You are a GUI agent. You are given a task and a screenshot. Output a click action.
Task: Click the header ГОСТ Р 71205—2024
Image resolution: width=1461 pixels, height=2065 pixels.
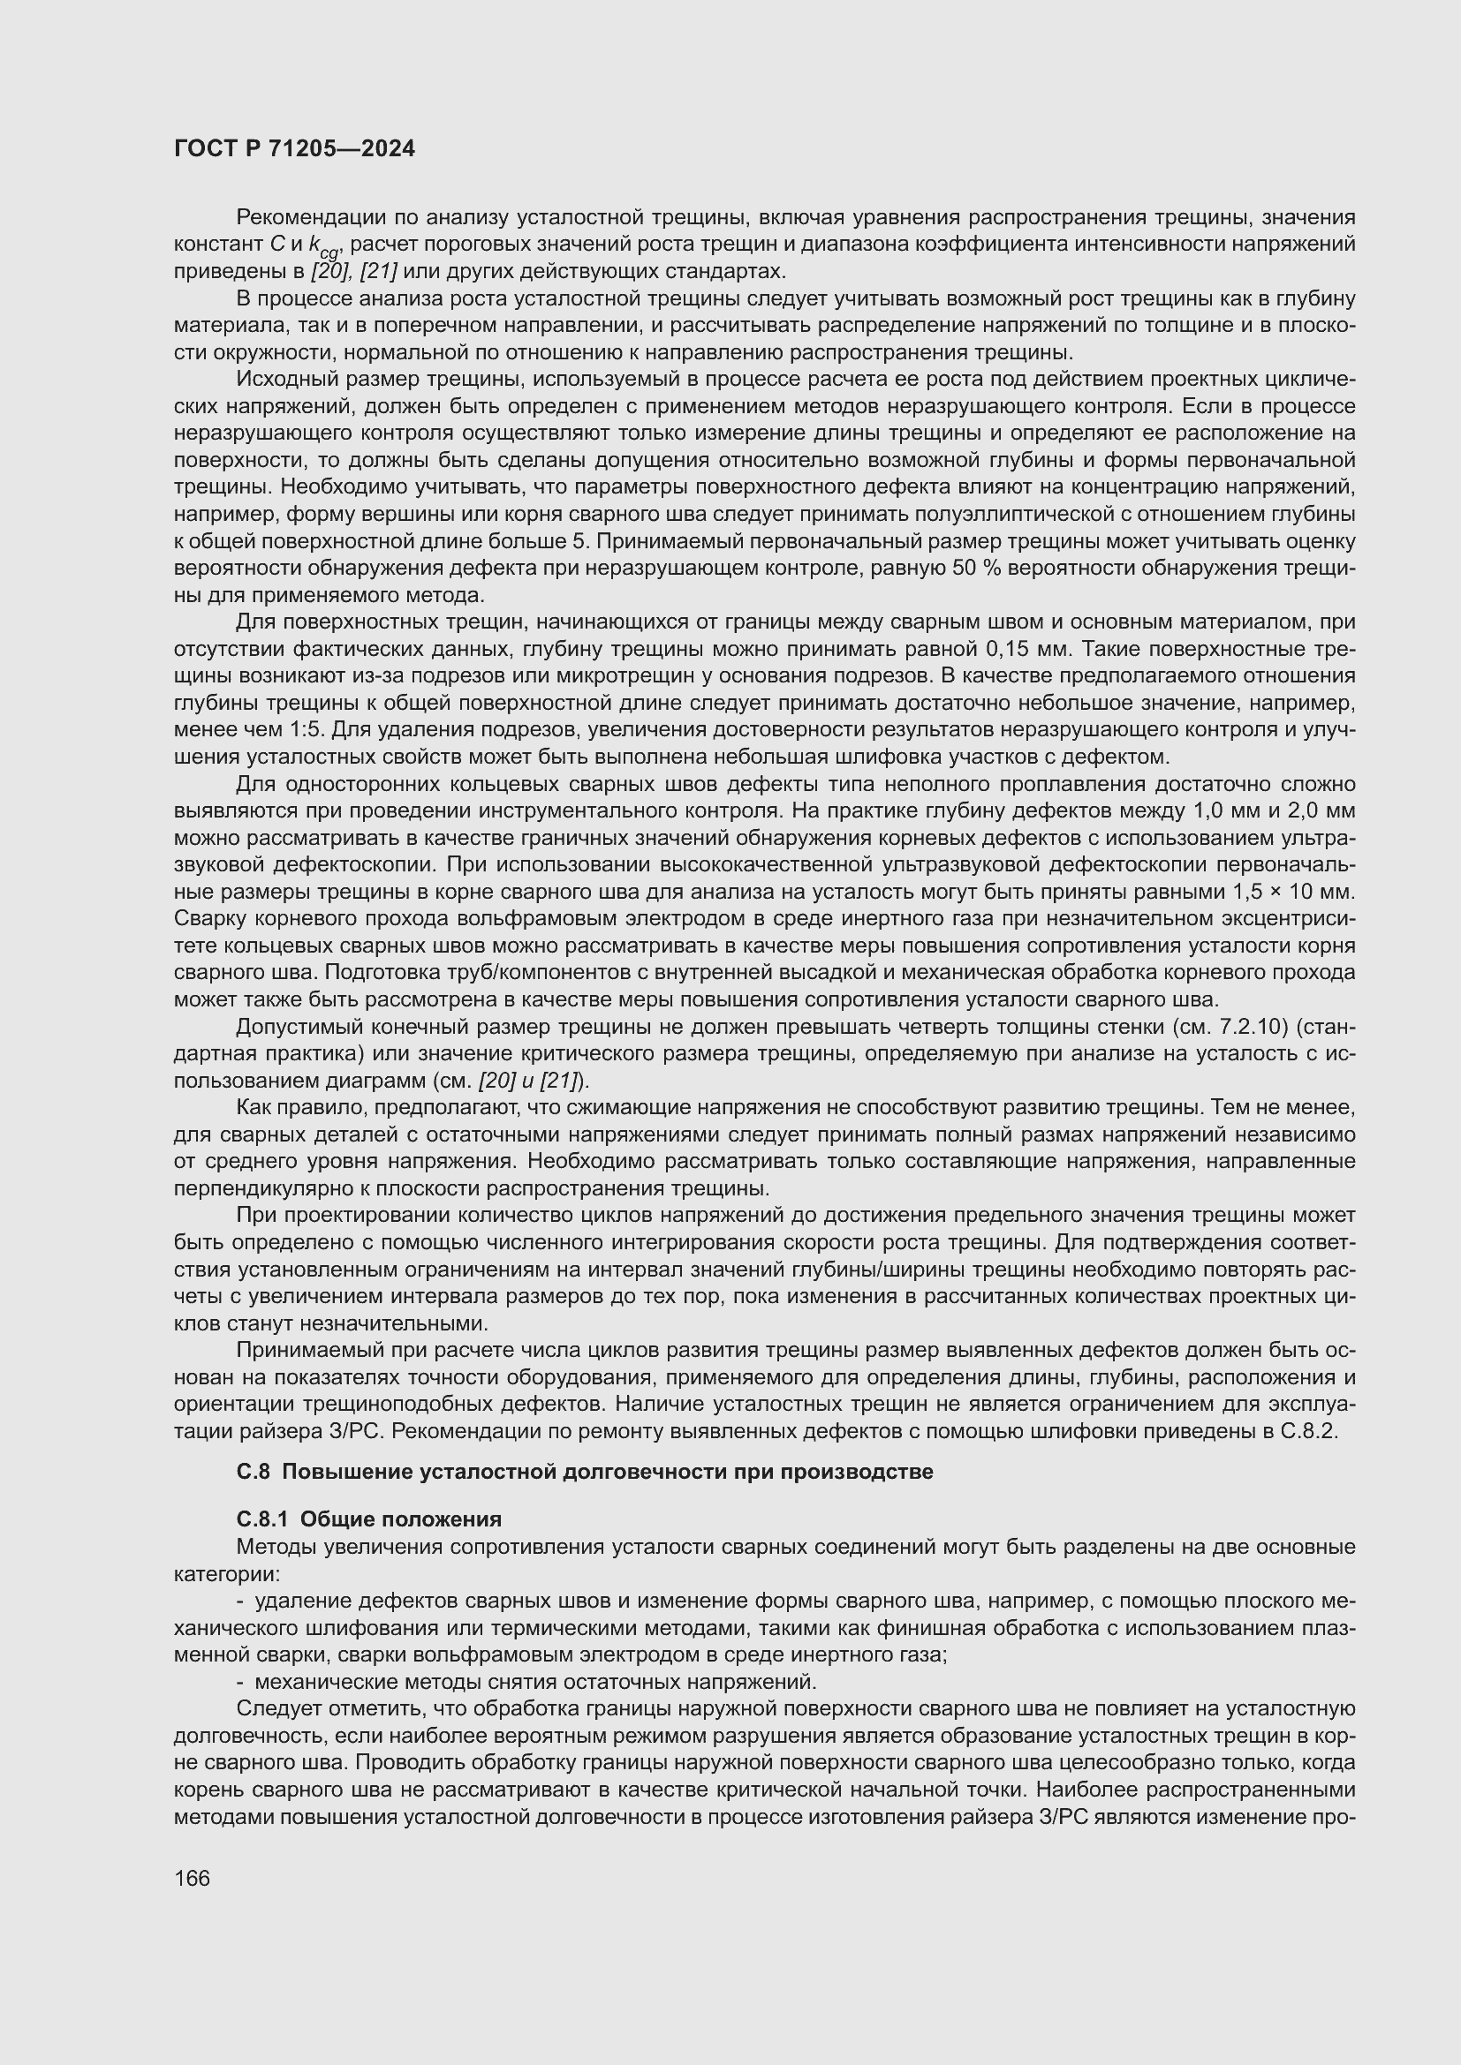click(x=294, y=149)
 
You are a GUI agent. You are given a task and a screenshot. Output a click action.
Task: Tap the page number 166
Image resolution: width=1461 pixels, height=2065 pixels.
click(x=192, y=1879)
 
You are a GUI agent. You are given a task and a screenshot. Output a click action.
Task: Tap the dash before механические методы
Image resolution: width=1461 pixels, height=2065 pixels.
click(x=240, y=1682)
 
